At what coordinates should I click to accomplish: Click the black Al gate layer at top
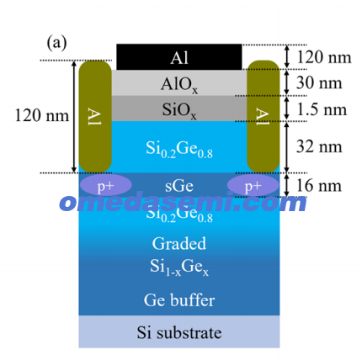tap(179, 57)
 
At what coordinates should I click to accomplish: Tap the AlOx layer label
tap(179, 84)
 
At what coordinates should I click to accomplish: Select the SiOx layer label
tap(179, 110)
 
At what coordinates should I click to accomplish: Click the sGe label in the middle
tap(179, 186)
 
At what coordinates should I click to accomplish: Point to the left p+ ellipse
tap(106, 185)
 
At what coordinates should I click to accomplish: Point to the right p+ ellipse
tap(253, 185)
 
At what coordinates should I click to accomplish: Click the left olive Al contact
tap(95, 116)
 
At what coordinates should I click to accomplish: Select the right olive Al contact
tap(264, 116)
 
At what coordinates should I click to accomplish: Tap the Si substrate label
tap(179, 332)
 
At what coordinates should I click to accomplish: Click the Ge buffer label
tap(179, 299)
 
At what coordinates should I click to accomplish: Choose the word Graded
tap(179, 243)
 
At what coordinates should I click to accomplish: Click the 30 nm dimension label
tap(319, 83)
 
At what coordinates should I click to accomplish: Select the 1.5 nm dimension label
tap(322, 109)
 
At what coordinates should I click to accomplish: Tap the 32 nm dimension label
tap(319, 146)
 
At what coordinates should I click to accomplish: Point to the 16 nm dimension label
tap(319, 186)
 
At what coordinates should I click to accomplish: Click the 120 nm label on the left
tap(41, 115)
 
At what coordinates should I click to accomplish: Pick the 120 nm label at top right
tap(324, 57)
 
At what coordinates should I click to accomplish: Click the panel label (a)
tap(56, 43)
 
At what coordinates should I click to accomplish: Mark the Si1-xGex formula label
tap(179, 267)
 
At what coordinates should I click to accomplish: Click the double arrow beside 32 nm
tap(286, 147)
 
